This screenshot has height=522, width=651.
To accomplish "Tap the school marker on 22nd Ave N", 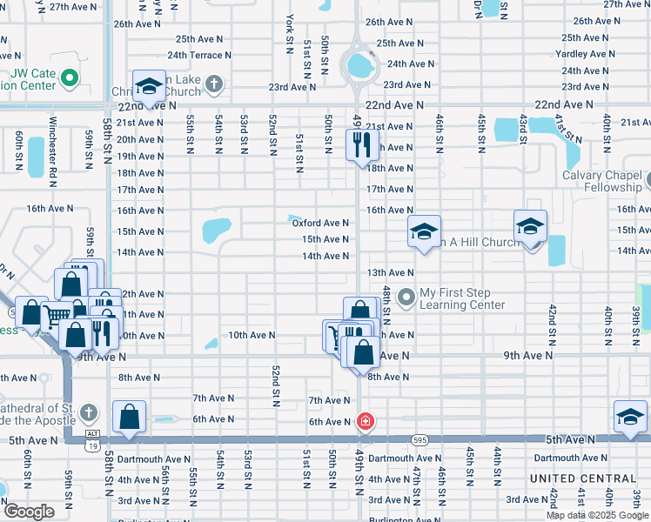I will [x=150, y=87].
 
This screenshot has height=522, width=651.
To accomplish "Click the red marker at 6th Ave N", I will [x=366, y=422].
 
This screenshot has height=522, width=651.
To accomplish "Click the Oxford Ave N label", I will [x=320, y=223].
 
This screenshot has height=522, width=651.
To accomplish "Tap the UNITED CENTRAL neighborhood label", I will [x=583, y=478].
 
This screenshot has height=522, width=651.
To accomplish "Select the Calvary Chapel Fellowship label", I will [x=601, y=181].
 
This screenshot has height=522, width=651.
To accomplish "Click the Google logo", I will [x=28, y=512].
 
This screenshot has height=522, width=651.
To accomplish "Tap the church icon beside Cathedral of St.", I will [x=88, y=411].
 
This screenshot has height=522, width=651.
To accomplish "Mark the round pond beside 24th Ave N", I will [x=357, y=64].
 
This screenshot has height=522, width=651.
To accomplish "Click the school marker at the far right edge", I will [x=629, y=418].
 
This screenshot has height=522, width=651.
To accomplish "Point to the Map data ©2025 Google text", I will [x=597, y=514].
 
